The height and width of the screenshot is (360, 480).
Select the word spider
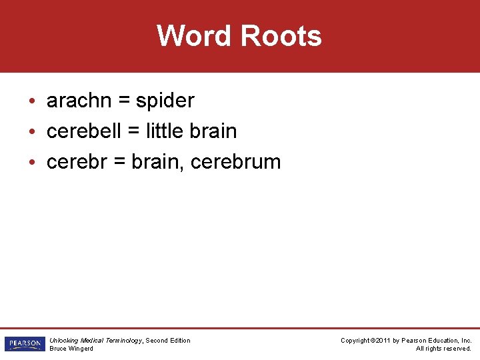coord(165,101)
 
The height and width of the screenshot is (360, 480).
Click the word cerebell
coord(84,131)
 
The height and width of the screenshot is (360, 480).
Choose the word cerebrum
coord(235,161)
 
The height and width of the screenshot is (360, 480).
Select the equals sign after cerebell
coord(133,131)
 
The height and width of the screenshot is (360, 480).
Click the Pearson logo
coord(23,344)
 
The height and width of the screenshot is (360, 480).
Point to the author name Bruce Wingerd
coord(71,349)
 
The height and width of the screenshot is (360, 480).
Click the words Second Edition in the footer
coord(168,341)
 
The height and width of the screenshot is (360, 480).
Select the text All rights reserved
coord(443,349)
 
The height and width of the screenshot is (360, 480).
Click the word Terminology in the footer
coord(123,341)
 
